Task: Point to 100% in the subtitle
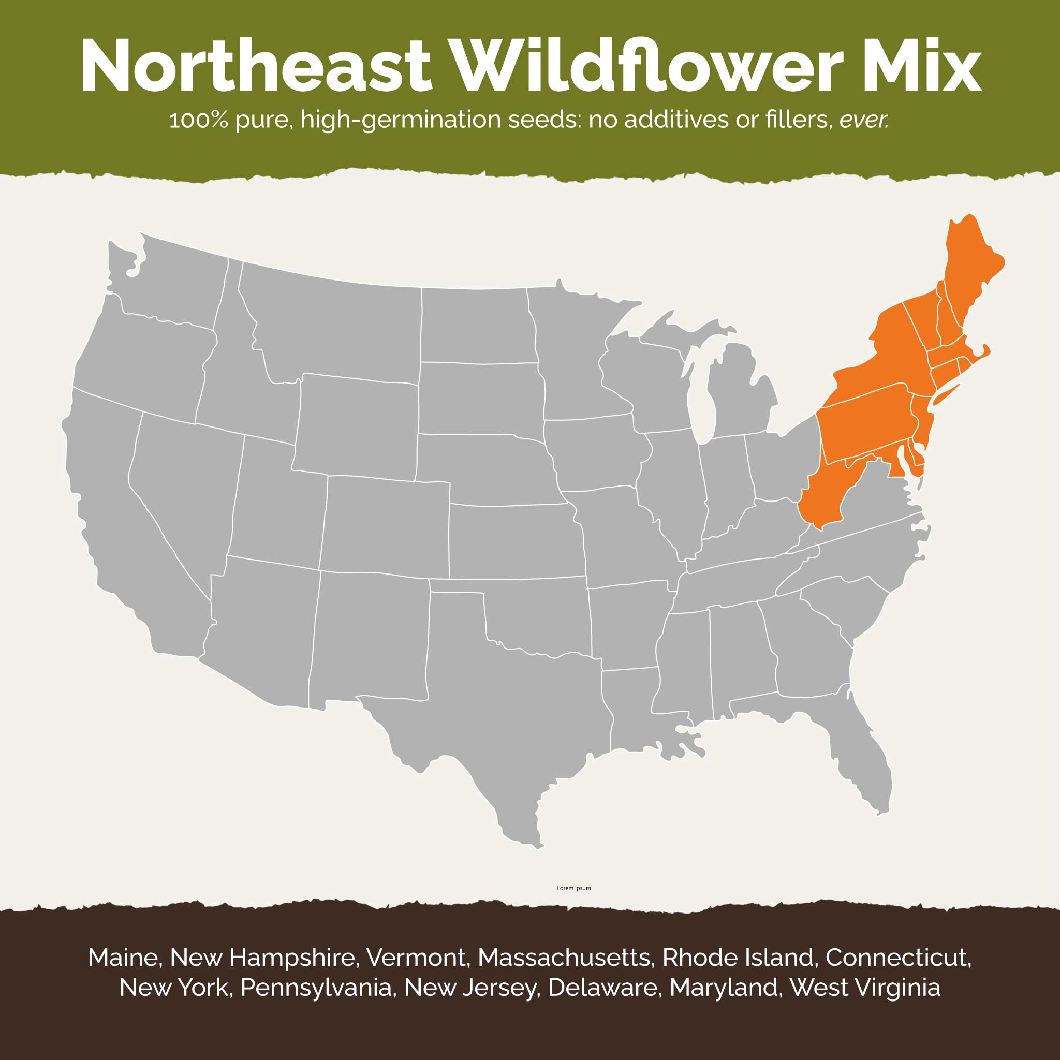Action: pyautogui.click(x=198, y=120)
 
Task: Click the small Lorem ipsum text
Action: pyautogui.click(x=574, y=888)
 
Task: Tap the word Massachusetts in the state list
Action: pyautogui.click(x=565, y=958)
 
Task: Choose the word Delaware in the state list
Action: pyautogui.click(x=602, y=988)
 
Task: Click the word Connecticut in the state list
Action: pyautogui.click(x=897, y=958)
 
